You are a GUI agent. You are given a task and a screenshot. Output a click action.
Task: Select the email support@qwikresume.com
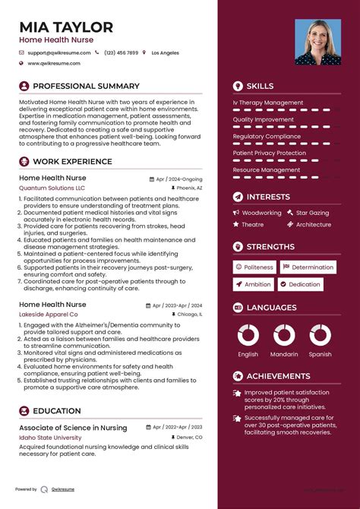pyautogui.click(x=59, y=53)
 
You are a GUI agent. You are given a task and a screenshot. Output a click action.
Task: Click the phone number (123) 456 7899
pyautogui.click(x=122, y=53)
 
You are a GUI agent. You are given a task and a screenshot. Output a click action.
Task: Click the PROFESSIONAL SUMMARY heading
pyautogui.click(x=86, y=87)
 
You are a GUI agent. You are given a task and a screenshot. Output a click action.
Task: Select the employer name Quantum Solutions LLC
pyautogui.click(x=52, y=188)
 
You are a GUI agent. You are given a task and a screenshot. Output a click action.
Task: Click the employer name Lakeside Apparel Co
pyautogui.click(x=49, y=314)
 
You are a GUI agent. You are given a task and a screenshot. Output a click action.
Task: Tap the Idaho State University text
pyautogui.click(x=50, y=438)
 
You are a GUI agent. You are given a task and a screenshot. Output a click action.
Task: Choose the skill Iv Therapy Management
pyautogui.click(x=268, y=103)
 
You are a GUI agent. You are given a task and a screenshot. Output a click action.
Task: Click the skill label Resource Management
pyautogui.click(x=266, y=170)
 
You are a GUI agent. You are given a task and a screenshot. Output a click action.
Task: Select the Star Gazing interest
pyautogui.click(x=312, y=213)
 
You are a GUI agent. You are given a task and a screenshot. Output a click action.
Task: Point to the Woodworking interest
pyautogui.click(x=261, y=213)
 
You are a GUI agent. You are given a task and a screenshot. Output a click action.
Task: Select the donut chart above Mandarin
pyautogui.click(x=284, y=335)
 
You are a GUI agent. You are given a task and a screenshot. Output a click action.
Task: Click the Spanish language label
pyautogui.click(x=320, y=355)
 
